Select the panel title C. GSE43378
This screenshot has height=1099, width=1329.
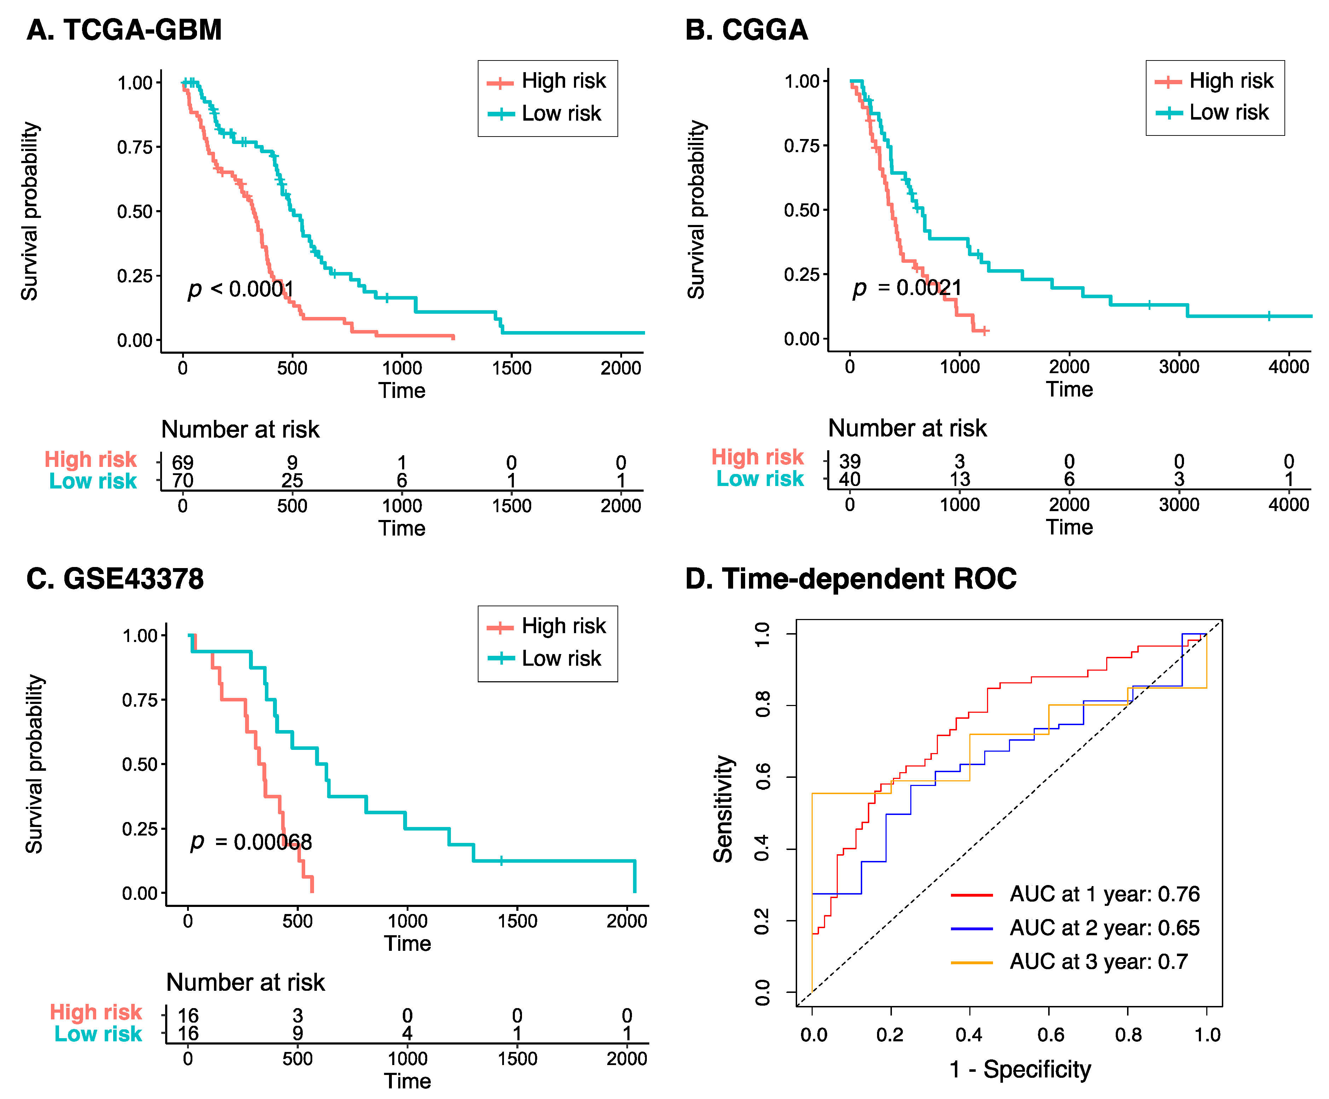[115, 579]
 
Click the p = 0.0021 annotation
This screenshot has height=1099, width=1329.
[907, 288]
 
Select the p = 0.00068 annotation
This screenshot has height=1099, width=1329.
[251, 842]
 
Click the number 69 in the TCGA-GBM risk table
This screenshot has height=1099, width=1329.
[183, 463]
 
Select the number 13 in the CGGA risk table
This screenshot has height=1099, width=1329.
[959, 479]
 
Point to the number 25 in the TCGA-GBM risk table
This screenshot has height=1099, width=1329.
[292, 480]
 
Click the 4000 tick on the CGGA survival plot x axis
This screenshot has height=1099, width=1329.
[1288, 366]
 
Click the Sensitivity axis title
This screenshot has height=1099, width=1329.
[723, 809]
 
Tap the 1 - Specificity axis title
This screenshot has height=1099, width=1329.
[1020, 1069]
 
